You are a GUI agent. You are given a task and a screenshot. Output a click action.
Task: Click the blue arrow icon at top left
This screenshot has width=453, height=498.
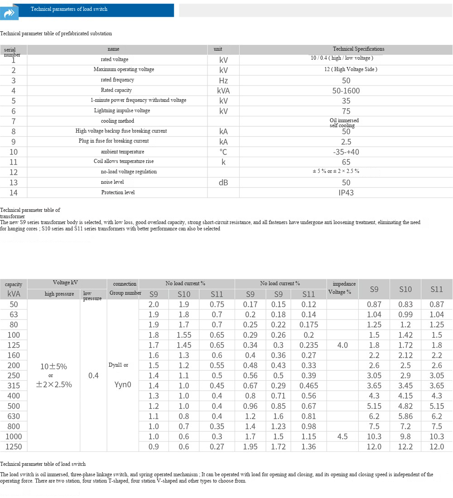click(10, 13)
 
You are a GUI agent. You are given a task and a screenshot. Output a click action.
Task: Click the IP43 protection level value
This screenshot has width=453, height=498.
click(346, 192)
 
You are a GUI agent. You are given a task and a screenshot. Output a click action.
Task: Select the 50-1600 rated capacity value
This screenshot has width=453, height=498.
click(346, 91)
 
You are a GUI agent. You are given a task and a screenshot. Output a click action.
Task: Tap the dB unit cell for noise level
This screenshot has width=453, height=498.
click(223, 182)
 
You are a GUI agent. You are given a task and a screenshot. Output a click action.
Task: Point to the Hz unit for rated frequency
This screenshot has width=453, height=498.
click(223, 81)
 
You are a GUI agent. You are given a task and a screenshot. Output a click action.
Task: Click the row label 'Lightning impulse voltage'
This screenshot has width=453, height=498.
click(122, 110)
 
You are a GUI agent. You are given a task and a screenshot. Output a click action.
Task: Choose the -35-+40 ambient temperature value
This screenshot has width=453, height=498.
click(346, 152)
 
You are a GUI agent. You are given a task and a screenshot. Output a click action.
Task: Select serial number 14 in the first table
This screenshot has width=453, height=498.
click(14, 192)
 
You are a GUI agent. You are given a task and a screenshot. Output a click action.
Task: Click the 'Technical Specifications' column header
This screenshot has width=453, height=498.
click(358, 49)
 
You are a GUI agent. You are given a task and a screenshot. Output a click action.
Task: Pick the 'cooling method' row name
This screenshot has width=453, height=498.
click(117, 121)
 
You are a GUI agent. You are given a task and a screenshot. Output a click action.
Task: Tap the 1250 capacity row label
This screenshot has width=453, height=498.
click(14, 446)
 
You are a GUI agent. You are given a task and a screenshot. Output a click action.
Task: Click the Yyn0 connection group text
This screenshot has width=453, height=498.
click(122, 385)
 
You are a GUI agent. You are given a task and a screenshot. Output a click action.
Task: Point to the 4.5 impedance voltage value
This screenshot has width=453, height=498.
click(342, 436)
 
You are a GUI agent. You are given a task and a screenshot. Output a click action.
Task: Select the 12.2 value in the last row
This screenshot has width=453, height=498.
click(405, 446)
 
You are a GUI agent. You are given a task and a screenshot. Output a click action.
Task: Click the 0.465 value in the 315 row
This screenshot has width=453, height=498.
click(308, 386)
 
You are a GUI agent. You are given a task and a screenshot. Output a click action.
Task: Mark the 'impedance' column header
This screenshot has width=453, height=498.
click(344, 284)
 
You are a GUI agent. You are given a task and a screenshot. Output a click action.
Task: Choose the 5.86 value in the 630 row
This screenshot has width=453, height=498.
click(405, 416)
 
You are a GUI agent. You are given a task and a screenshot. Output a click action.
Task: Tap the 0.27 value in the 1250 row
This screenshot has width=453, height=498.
click(217, 446)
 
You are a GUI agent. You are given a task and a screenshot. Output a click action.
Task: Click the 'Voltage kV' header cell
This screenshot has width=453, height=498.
click(65, 283)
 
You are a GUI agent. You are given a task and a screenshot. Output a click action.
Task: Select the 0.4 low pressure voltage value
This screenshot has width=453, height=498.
click(93, 375)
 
